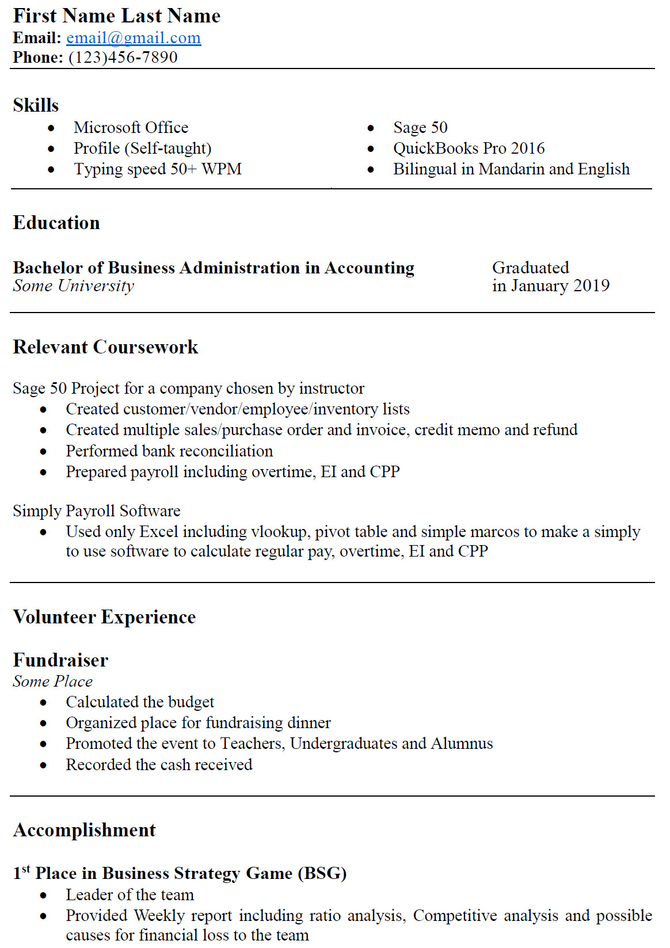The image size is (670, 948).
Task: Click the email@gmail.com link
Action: coord(134,38)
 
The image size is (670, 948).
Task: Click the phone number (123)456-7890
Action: coord(123,58)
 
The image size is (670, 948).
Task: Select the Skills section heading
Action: coord(36,105)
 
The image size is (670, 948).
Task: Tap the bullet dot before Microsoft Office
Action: coord(52,128)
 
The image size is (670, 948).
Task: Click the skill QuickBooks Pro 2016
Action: coord(469,149)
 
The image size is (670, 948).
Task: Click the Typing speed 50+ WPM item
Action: coord(157,169)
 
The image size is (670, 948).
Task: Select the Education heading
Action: coord(56,223)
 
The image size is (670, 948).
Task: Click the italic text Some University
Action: coord(74,286)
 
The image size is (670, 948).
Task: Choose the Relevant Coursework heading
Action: coord(105,347)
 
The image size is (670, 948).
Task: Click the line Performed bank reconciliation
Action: coord(169,451)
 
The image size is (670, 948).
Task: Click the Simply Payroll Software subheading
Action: coord(97,511)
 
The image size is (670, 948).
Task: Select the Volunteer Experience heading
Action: coord(104,617)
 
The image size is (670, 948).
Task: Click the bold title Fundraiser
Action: coord(60,660)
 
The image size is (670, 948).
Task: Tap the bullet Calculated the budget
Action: coord(140,702)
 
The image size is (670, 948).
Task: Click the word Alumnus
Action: coord(462,744)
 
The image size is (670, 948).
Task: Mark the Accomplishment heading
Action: coord(84,830)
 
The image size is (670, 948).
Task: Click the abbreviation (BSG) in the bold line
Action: coord(322,874)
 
